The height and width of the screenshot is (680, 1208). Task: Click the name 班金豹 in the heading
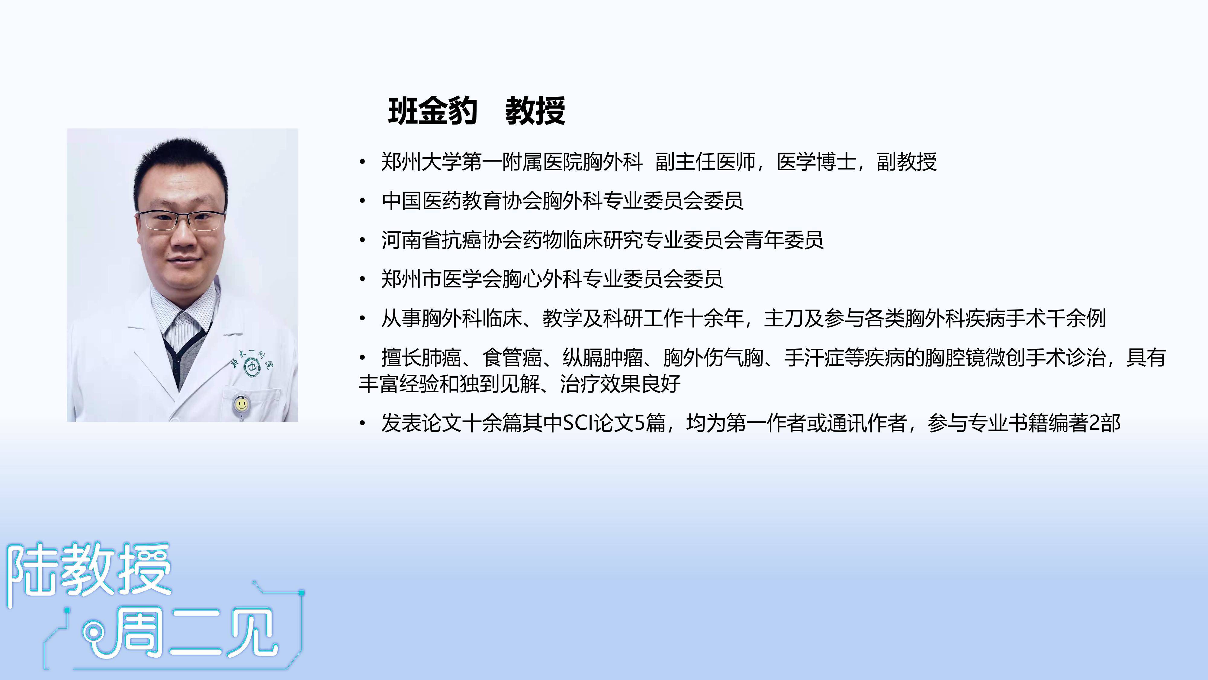pos(432,111)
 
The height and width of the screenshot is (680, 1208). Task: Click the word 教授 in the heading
pos(535,111)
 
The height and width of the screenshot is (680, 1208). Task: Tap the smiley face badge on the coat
pos(241,403)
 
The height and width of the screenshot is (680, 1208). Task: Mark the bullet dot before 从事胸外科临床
pos(362,319)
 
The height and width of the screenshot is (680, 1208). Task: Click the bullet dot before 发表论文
pos(362,423)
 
